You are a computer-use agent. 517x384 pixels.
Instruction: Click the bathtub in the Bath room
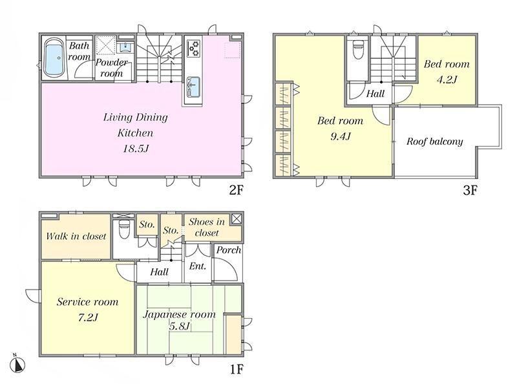pos(54,58)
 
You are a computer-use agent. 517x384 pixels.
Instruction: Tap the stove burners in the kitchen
pos(193,48)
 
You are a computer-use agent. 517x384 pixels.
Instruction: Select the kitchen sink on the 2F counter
pos(193,86)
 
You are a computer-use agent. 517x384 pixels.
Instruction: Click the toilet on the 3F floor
pos(357,49)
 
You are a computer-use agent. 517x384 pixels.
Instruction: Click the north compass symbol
pos(17,364)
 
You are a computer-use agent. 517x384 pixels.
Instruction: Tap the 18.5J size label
pos(136,149)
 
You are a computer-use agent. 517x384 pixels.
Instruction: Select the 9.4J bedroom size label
pos(341,136)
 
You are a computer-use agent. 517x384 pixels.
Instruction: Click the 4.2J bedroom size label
pos(447,80)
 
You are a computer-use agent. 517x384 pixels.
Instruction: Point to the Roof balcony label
pos(434,142)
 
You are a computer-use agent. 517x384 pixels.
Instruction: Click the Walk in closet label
pos(76,236)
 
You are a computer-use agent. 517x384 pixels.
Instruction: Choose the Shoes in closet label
pos(207,228)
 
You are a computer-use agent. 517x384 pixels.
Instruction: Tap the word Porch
pos(229,250)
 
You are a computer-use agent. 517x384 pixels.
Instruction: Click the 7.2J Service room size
pos(88,317)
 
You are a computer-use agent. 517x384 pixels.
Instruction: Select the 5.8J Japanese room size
pos(180,326)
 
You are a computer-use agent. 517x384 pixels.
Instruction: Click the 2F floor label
pos(236,190)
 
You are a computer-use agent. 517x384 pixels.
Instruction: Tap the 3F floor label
pos(470,190)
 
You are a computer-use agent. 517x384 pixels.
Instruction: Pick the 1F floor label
pos(237,369)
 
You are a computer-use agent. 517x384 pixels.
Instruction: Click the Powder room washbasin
pos(125,47)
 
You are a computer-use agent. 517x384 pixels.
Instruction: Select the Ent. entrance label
pos(198,266)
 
